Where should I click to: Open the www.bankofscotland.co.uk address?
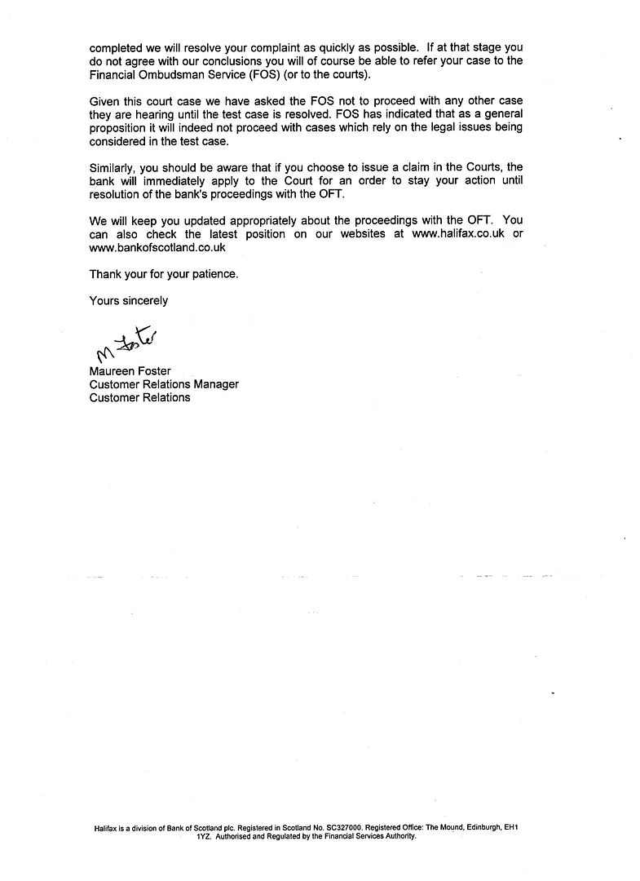[157, 247]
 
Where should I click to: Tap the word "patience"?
[213, 274]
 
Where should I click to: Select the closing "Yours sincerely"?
[129, 300]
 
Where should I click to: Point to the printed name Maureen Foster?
[130, 371]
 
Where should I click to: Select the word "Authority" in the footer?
[400, 836]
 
